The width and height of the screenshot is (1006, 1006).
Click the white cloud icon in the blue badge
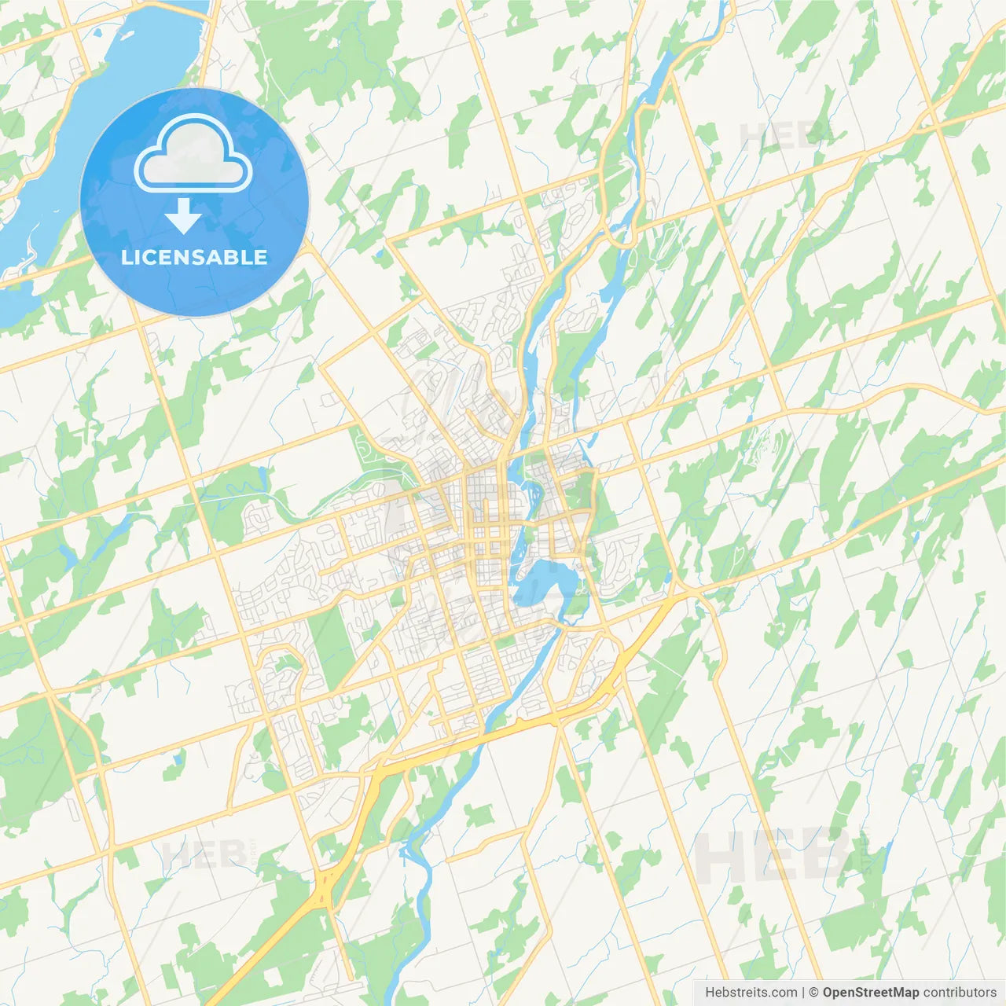(x=193, y=154)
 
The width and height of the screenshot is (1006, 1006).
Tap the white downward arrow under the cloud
(x=183, y=216)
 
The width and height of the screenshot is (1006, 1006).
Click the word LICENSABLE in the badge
(x=194, y=257)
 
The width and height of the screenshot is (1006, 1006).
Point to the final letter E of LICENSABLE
(x=259, y=257)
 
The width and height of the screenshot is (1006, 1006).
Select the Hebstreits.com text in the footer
(x=751, y=993)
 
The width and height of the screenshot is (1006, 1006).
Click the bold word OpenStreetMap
(x=871, y=993)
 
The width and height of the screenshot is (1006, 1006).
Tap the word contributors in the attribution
(x=960, y=993)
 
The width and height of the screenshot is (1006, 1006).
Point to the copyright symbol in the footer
(x=814, y=993)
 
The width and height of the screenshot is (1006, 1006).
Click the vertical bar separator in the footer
(x=803, y=993)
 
